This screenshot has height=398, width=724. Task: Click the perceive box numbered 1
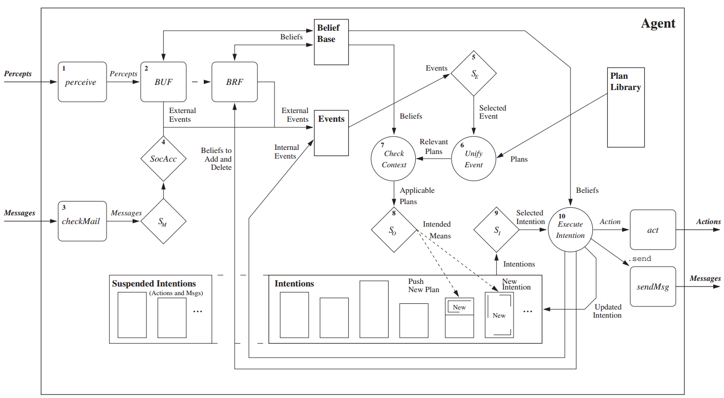point(82,82)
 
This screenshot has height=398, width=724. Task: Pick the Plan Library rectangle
point(625,107)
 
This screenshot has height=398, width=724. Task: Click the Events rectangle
point(331,133)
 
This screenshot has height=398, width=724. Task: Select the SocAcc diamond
point(163,159)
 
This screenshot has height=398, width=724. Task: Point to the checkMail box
point(82,221)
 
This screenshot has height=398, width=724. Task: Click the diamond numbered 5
point(474,73)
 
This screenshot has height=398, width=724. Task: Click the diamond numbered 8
point(394,230)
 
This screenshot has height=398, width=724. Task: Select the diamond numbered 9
point(497,230)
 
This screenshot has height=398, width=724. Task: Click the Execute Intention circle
point(570,230)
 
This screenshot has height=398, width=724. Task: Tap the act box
point(653,230)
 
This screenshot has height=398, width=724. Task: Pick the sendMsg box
point(653,286)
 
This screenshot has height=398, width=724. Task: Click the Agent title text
point(658,24)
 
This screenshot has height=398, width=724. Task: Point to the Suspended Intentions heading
point(154,283)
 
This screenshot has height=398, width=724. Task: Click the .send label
point(640,259)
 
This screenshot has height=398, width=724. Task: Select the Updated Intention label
point(607,311)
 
